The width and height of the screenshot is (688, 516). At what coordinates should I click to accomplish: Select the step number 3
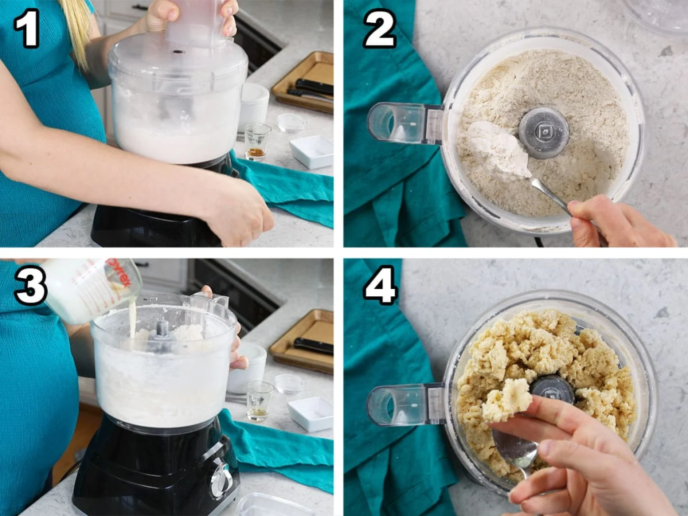tap(30, 285)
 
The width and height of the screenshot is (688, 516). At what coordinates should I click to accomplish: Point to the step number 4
tap(380, 285)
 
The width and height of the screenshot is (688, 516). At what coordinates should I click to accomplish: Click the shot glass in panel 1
tap(257, 142)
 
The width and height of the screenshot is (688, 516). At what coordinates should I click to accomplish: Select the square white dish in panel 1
tap(312, 152)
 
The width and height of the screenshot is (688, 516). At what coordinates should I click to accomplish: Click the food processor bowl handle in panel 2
tap(404, 124)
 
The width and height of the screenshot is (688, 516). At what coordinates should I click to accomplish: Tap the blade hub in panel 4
tap(553, 388)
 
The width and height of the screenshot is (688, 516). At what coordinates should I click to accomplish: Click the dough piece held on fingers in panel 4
tap(507, 399)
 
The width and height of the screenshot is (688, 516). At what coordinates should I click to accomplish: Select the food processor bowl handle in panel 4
tap(405, 404)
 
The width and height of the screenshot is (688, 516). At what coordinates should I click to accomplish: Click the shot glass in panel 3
tap(259, 402)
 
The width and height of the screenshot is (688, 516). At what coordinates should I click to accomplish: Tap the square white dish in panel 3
tap(310, 414)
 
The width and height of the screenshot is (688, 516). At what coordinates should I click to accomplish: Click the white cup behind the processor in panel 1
tap(253, 107)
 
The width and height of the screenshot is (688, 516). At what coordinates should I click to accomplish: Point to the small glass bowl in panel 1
tap(292, 123)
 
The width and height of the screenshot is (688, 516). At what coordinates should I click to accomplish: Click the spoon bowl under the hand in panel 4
tap(516, 448)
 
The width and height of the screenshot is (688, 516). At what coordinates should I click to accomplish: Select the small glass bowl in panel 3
tap(290, 384)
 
